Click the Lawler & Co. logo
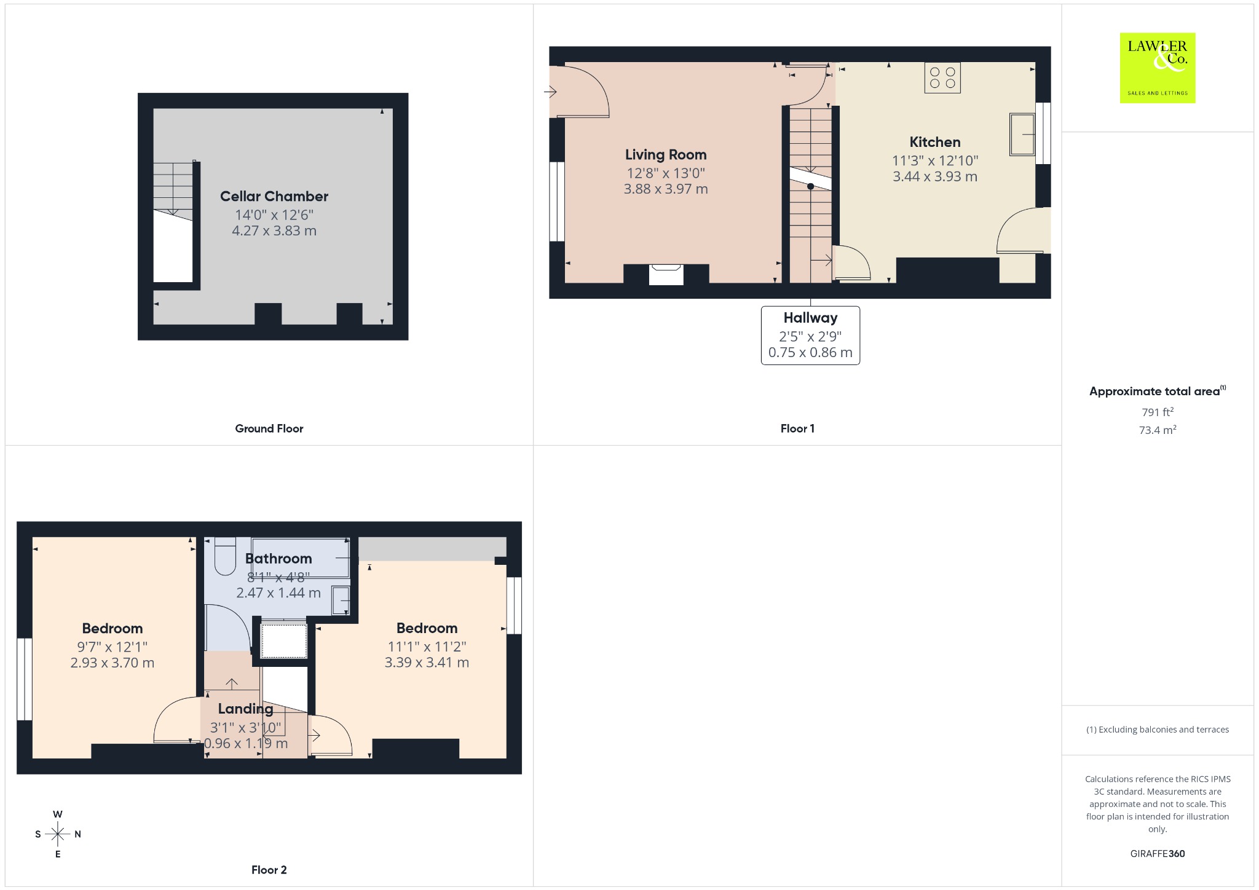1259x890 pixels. coord(1158,68)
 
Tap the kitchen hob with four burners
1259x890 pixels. coord(942,78)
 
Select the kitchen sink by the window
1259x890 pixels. coord(1022,134)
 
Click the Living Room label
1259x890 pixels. coord(666,155)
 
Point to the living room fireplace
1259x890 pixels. coord(666,274)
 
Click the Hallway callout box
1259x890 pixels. coord(810,336)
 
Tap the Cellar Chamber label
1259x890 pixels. coord(274,197)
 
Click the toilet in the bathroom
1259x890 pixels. coord(225,556)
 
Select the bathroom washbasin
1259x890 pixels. coord(341,601)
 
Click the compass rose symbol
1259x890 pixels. coord(58,834)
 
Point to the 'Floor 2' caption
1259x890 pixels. coord(269,870)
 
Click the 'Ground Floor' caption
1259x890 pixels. coord(269,428)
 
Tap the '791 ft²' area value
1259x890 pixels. coord(1158,412)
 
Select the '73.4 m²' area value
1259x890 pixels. coord(1158,430)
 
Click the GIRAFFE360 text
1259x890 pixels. coord(1158,853)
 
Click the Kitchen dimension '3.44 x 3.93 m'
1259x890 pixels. coord(935,176)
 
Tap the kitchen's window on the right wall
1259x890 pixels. coord(1043,133)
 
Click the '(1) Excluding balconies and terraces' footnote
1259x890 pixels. coord(1158,730)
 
